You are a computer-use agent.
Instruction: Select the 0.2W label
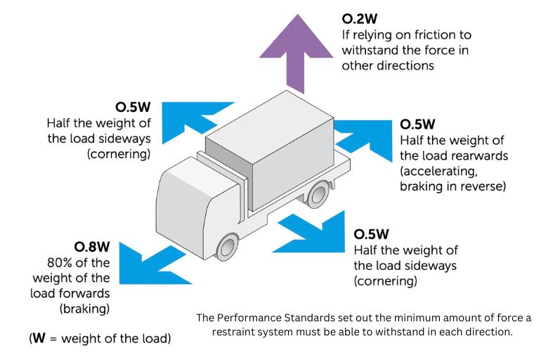click(360, 18)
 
